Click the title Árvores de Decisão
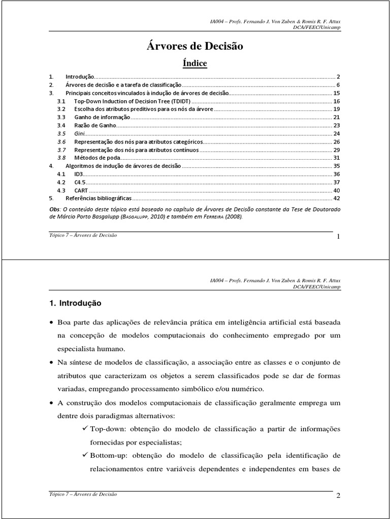click(x=194, y=47)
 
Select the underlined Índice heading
click(x=194, y=63)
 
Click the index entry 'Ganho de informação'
click(x=102, y=118)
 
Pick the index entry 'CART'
click(x=81, y=190)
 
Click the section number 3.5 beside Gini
click(x=61, y=134)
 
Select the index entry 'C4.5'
click(x=80, y=182)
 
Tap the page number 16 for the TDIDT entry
click(x=336, y=101)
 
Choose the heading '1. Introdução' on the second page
click(x=75, y=303)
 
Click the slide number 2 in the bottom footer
click(x=337, y=496)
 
